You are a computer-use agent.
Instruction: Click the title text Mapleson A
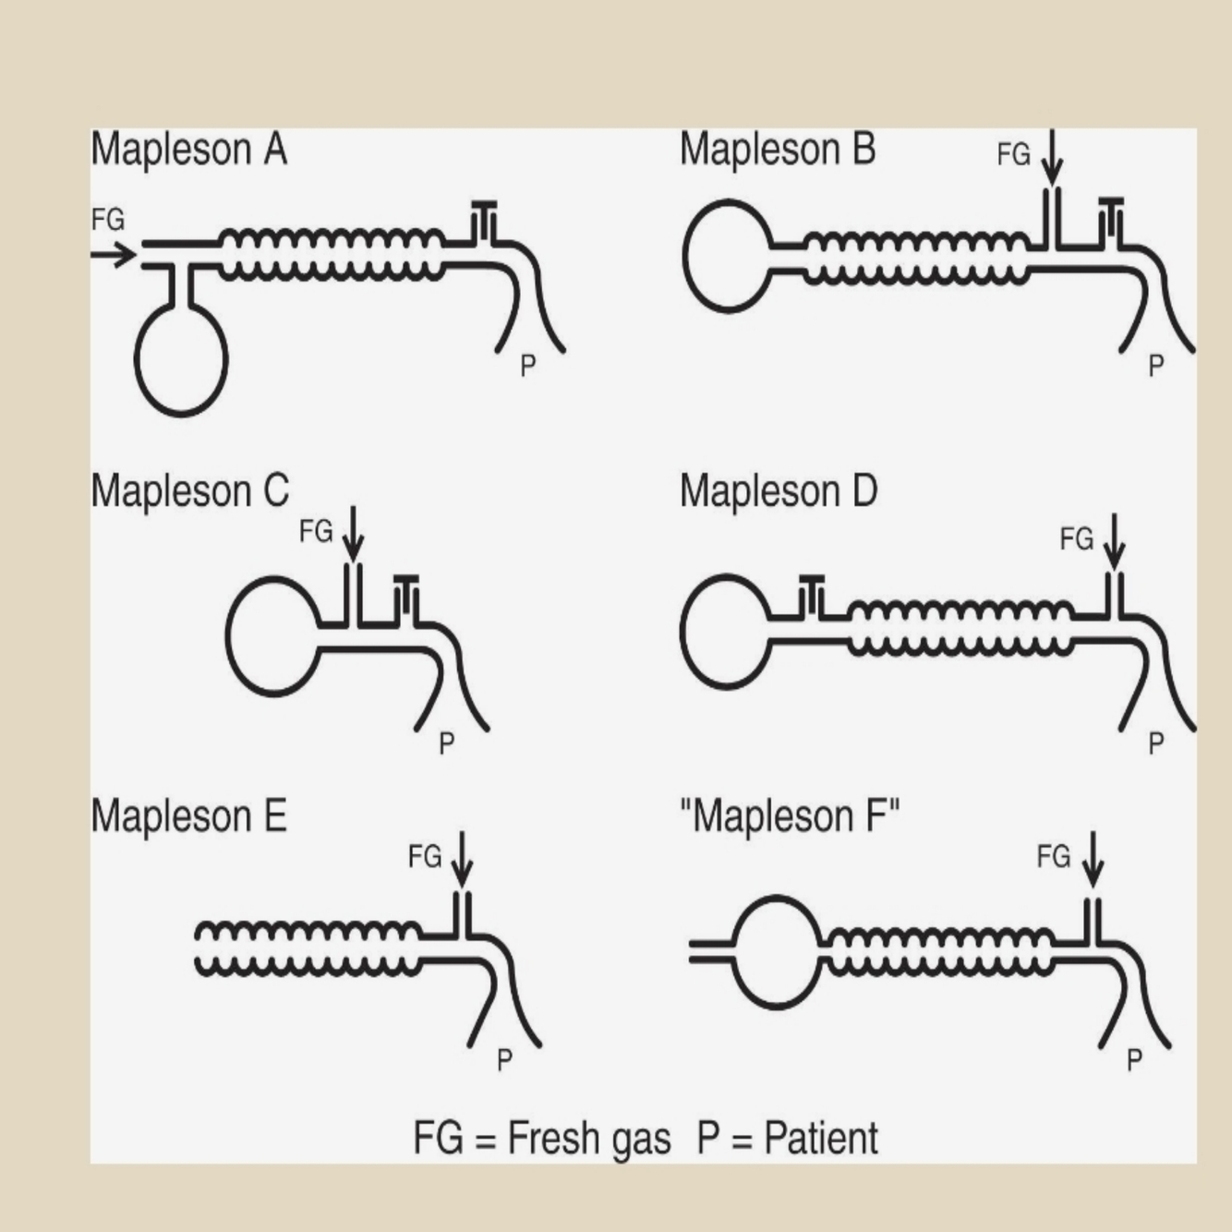click(189, 150)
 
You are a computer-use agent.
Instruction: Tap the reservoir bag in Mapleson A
click(181, 360)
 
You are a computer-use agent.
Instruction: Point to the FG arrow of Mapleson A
click(114, 254)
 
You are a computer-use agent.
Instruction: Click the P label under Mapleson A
click(527, 366)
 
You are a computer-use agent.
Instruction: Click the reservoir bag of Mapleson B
click(729, 256)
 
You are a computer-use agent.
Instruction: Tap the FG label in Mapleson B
click(1013, 154)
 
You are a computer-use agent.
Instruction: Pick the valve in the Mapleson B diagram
click(1111, 217)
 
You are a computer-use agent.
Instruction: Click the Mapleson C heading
click(190, 491)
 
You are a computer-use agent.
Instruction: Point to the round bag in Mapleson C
click(273, 635)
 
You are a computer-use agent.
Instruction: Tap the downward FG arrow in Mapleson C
click(353, 534)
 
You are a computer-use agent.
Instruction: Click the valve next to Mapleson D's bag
click(811, 595)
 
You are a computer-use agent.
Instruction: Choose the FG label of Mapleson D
click(1076, 538)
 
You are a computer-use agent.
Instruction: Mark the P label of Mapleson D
click(1155, 743)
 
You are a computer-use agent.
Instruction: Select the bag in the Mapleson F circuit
click(779, 951)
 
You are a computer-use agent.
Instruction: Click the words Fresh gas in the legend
click(588, 1138)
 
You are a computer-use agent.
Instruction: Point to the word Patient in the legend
click(821, 1138)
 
